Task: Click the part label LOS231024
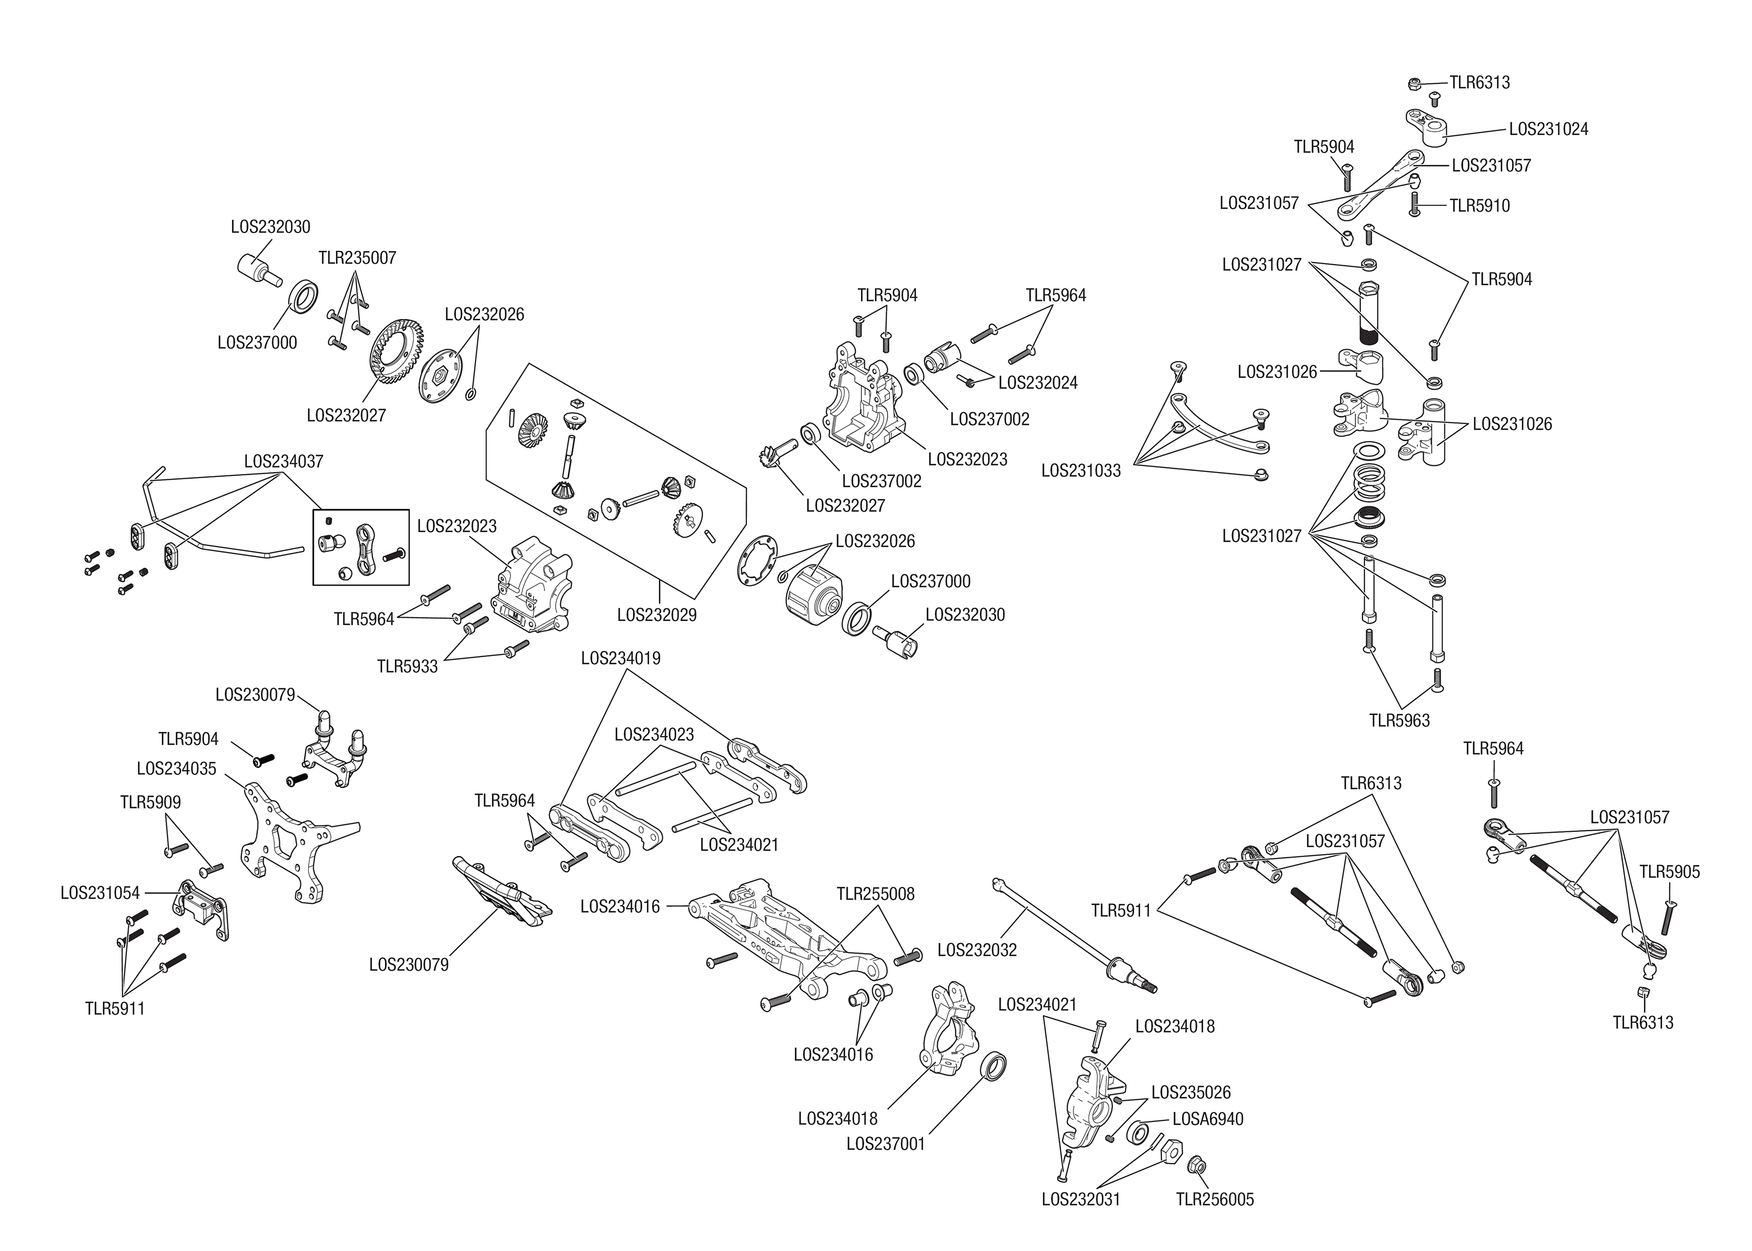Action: [x=1548, y=130]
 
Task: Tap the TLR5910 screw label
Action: [x=1479, y=206]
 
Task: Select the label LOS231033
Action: [x=1080, y=471]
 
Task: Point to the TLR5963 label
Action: [x=1399, y=720]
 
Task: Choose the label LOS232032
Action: [x=977, y=950]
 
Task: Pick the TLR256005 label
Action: [x=1215, y=1199]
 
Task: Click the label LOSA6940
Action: [x=1207, y=1119]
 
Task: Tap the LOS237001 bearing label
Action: [x=885, y=1144]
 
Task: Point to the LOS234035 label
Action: [x=176, y=769]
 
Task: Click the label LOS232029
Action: [x=656, y=615]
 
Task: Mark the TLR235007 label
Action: [x=357, y=257]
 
